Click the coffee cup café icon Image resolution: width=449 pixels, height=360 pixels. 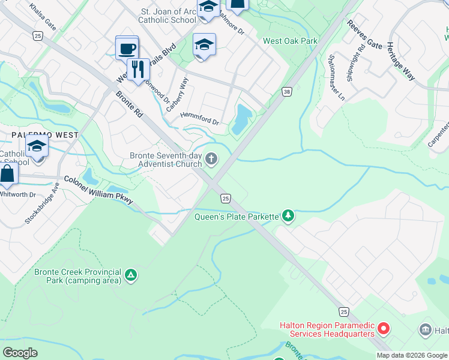127,49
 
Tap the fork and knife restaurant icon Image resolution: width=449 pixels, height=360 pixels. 139,69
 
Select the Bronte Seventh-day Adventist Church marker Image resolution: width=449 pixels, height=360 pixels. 211,159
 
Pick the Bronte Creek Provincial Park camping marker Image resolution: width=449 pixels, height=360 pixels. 131,276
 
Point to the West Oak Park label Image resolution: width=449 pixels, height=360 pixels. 291,41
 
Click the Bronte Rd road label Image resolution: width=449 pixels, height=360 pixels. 128,104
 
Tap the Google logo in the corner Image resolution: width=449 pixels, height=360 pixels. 20,353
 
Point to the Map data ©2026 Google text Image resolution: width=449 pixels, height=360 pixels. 412,355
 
